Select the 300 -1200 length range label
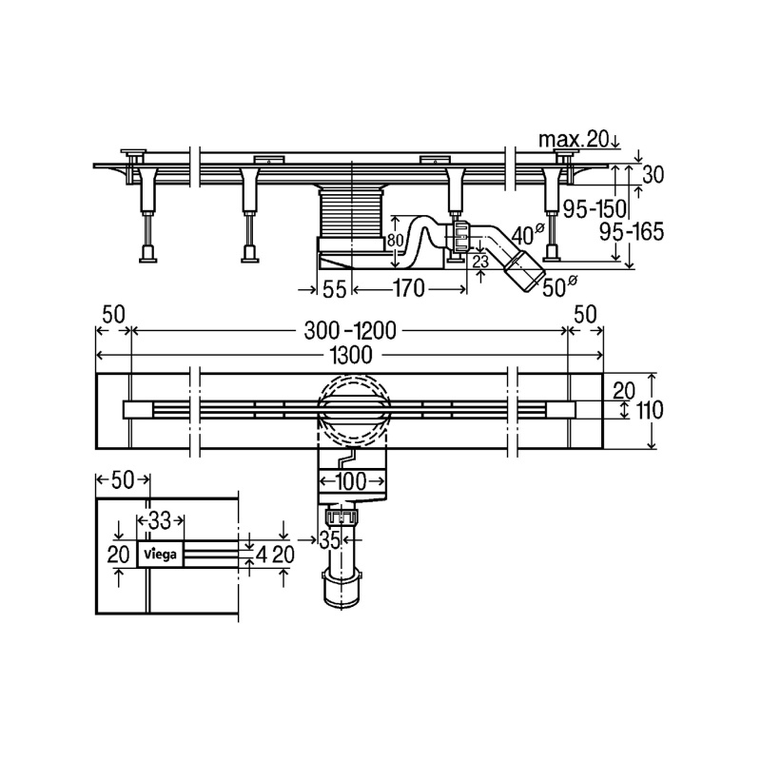[x=350, y=331]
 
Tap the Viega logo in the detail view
[x=160, y=554]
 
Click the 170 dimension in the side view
[x=409, y=289]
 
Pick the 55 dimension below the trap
[x=335, y=290]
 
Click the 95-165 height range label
[x=631, y=232]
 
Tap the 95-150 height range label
[x=595, y=208]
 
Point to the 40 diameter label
[x=526, y=235]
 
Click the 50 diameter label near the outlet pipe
[x=559, y=287]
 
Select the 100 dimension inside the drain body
[x=351, y=482]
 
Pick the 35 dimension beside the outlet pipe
[x=329, y=540]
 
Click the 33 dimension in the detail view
[x=160, y=521]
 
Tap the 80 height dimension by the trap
[x=396, y=241]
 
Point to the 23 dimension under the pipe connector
[x=480, y=263]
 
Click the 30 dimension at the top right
[x=653, y=175]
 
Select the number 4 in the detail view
[x=262, y=555]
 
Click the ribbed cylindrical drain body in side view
[x=350, y=213]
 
